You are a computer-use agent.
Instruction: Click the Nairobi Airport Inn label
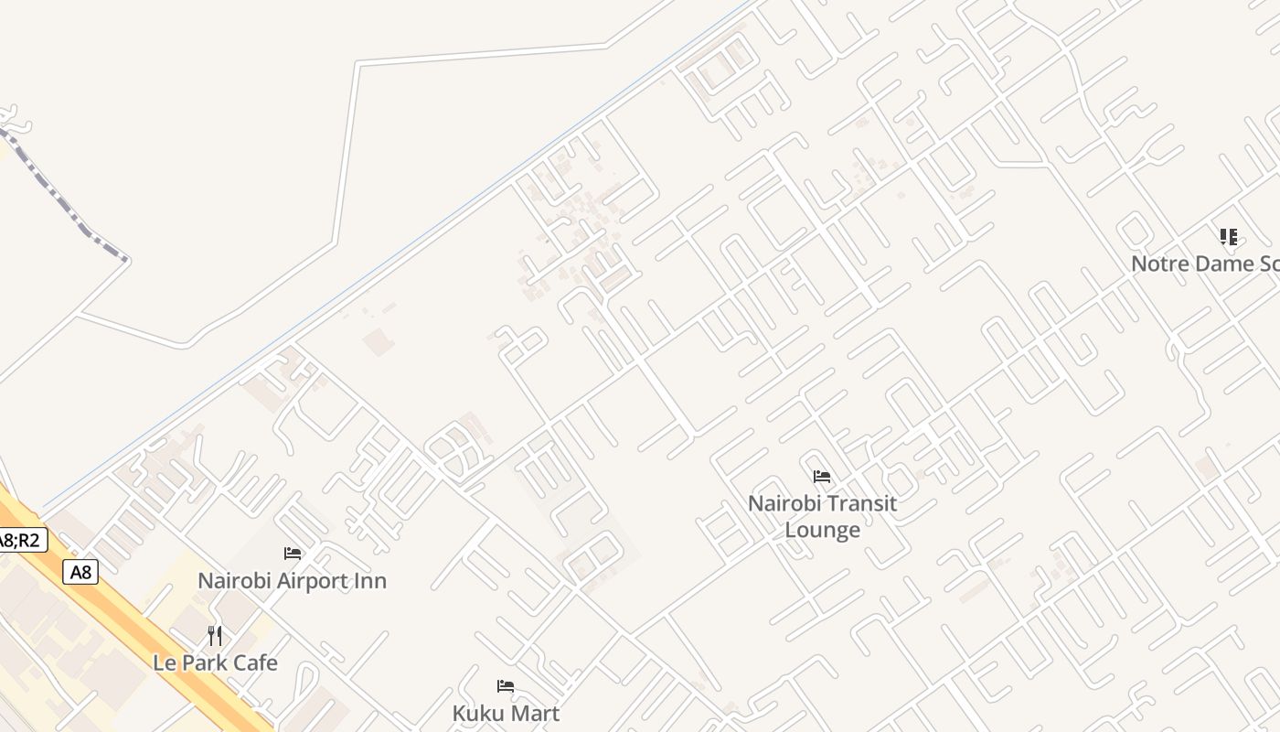(293, 581)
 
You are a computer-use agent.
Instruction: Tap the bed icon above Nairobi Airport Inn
(293, 554)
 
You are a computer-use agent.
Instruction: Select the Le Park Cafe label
(215, 662)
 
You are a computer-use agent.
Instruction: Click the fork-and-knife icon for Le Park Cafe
(215, 635)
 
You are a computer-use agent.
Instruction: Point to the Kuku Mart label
(506, 713)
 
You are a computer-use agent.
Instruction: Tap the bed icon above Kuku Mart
(506, 686)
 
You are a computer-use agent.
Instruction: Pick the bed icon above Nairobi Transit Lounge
(822, 477)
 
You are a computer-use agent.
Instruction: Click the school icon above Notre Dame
(1229, 238)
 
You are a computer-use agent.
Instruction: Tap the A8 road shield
(80, 573)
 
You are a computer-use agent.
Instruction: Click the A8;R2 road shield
(20, 540)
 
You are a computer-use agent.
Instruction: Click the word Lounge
(822, 530)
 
